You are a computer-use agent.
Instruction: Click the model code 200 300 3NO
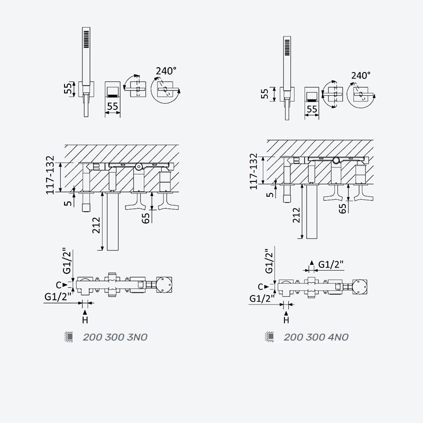(x=115, y=337)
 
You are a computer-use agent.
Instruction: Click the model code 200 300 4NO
(x=316, y=337)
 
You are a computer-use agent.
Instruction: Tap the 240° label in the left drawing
(x=166, y=71)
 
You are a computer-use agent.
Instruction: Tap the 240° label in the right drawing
(x=361, y=76)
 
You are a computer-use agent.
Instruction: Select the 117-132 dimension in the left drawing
(x=50, y=175)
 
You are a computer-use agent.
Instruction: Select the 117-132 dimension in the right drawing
(x=254, y=171)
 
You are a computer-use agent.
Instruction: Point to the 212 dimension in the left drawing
(x=96, y=225)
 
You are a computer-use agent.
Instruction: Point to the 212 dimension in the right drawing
(x=296, y=215)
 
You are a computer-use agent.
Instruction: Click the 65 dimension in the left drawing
(x=145, y=218)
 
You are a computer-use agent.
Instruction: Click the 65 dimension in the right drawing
(x=342, y=208)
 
